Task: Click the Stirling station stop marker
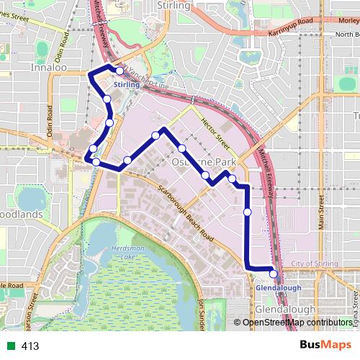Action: click(x=120, y=71)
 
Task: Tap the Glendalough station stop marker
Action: click(x=274, y=273)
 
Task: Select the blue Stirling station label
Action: click(x=126, y=85)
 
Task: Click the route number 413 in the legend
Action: click(x=30, y=346)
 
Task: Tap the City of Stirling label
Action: click(x=314, y=264)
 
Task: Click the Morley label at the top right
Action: click(x=348, y=19)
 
